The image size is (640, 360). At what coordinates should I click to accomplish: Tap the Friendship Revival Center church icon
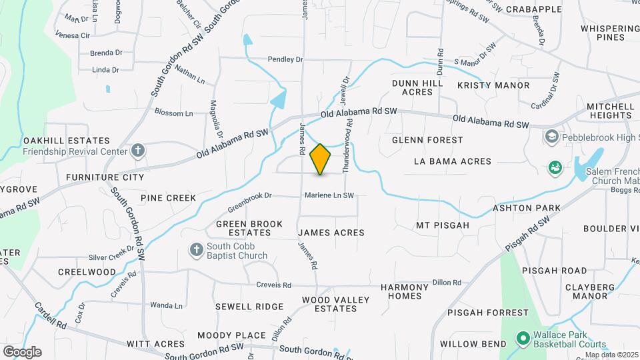click(x=138, y=151)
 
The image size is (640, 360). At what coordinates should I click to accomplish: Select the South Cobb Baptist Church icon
click(x=196, y=250)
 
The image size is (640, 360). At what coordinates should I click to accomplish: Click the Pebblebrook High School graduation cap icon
click(x=551, y=137)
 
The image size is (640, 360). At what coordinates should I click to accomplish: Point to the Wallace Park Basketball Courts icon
click(x=522, y=339)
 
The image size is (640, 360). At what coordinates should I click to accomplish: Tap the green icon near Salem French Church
click(x=554, y=167)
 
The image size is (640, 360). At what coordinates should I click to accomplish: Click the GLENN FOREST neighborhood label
click(x=427, y=140)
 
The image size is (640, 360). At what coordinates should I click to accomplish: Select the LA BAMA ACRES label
click(x=452, y=161)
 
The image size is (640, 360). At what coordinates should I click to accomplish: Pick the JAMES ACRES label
click(x=331, y=233)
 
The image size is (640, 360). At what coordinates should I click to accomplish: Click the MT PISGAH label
click(x=443, y=225)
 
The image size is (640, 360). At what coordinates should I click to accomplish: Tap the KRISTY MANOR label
click(x=493, y=85)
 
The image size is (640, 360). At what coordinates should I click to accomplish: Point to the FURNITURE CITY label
click(x=105, y=177)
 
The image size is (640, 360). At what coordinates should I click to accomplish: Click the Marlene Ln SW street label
click(x=329, y=195)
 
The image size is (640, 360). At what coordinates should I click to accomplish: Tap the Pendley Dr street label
click(x=285, y=59)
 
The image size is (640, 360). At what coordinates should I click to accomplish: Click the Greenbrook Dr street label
click(x=251, y=196)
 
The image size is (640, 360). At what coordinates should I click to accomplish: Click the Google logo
click(x=22, y=351)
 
